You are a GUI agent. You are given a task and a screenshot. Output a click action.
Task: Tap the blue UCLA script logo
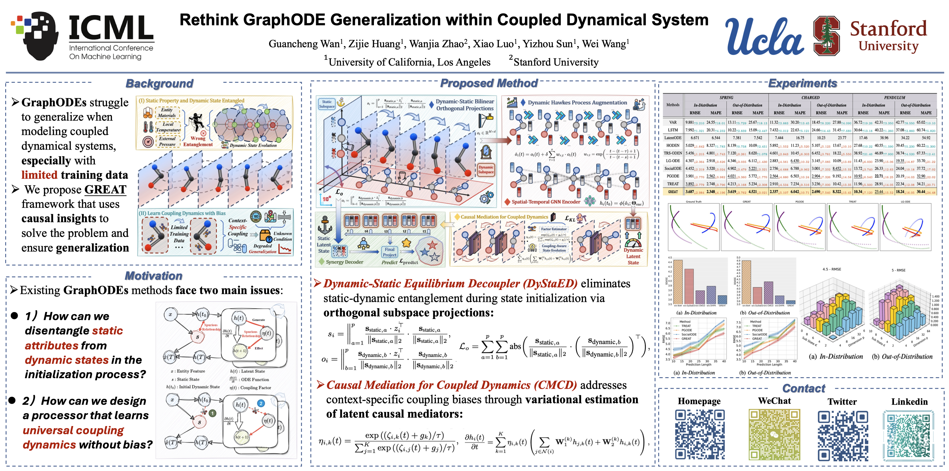764,37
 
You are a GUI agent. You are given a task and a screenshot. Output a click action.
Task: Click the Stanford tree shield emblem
826,36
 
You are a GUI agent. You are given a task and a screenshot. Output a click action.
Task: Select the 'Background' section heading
159,84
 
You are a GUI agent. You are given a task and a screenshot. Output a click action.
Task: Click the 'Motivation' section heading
153,276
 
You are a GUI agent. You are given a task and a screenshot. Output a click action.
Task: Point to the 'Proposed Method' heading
489,83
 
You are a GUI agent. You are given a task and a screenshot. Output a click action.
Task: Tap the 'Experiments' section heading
802,83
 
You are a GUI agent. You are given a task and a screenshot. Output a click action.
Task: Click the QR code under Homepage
700,434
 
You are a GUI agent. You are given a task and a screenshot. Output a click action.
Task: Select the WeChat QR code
774,434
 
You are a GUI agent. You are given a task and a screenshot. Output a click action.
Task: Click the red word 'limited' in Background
39,175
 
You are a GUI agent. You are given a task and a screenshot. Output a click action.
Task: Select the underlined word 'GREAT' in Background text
105,189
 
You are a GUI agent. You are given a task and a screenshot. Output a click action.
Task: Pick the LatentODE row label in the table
673,138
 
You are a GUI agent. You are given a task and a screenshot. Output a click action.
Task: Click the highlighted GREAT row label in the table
673,192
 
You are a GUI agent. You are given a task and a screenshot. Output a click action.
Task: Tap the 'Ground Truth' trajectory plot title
693,202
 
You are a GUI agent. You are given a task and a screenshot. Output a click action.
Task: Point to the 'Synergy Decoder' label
345,262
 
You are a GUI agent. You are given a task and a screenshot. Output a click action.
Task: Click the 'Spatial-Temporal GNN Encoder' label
546,202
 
